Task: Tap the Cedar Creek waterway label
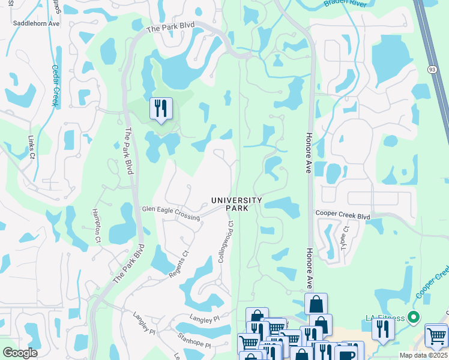55,85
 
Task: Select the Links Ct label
31,146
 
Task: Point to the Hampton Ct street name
95,226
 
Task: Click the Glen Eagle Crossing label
170,212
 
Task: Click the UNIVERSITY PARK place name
237,204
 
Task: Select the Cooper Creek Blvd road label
343,215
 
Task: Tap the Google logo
20,353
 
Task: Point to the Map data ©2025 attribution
424,355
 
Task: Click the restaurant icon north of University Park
161,109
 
